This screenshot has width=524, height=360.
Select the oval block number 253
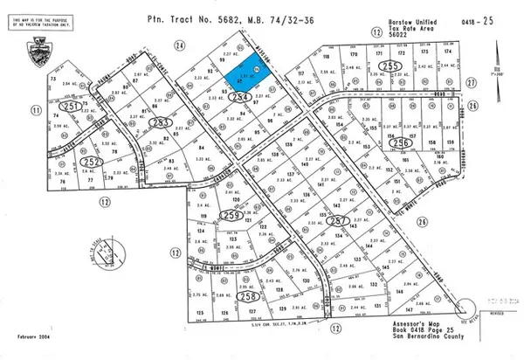159,122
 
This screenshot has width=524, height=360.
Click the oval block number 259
231,214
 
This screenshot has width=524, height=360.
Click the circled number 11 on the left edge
36,111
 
